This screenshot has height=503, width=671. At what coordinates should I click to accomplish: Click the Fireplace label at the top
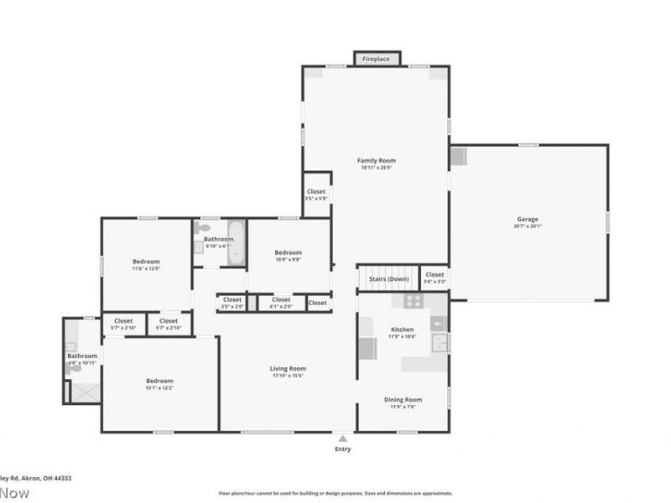pos(377,59)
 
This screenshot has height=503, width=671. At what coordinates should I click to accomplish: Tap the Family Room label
pos(377,160)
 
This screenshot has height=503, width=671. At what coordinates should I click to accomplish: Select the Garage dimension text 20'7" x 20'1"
pos(528,226)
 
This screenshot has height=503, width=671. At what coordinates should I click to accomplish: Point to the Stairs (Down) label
pos(389,278)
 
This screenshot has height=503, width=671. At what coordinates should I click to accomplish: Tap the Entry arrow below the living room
pos(342,438)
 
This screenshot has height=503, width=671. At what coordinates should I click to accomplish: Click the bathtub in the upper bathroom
pos(236,241)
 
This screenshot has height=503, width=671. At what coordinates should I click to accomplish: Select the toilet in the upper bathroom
pos(201,228)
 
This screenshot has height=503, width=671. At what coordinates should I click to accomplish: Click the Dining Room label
pos(403,400)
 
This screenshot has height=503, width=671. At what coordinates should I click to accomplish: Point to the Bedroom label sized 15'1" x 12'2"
pos(159,381)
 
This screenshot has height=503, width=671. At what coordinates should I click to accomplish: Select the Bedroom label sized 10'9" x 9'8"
pos(288,252)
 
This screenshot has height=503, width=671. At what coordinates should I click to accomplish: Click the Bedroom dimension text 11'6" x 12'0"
pos(145,269)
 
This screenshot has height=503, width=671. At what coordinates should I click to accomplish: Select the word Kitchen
pos(403,329)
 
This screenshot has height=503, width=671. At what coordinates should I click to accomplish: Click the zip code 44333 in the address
pos(60,478)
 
